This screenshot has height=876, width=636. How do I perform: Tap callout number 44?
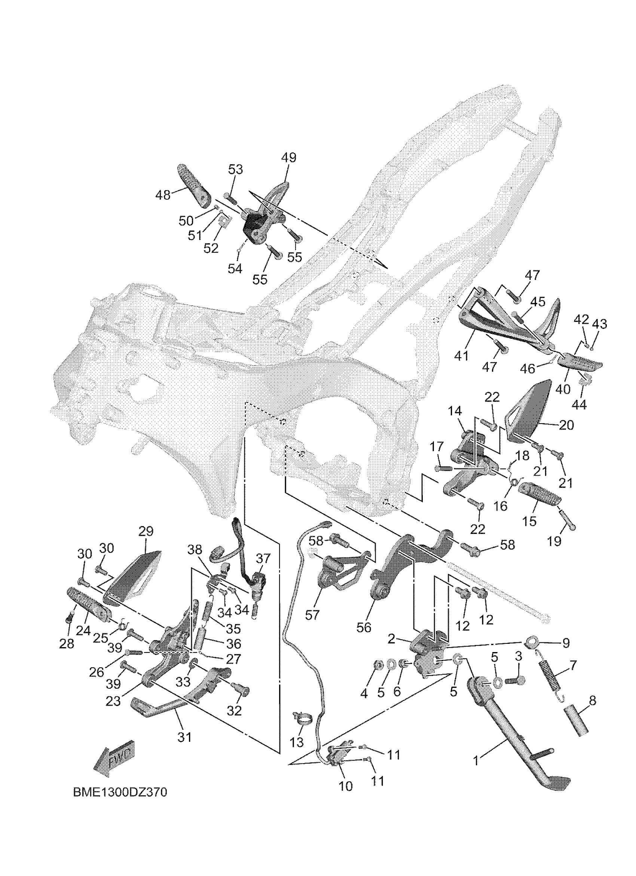coord(579,405)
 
